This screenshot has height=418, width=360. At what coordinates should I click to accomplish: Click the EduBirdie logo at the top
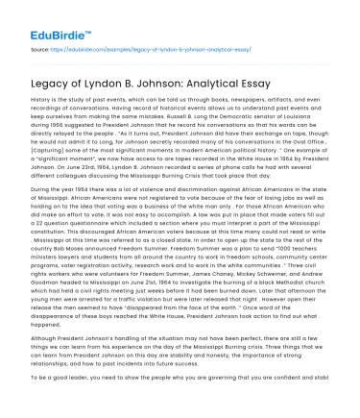tap(42, 19)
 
